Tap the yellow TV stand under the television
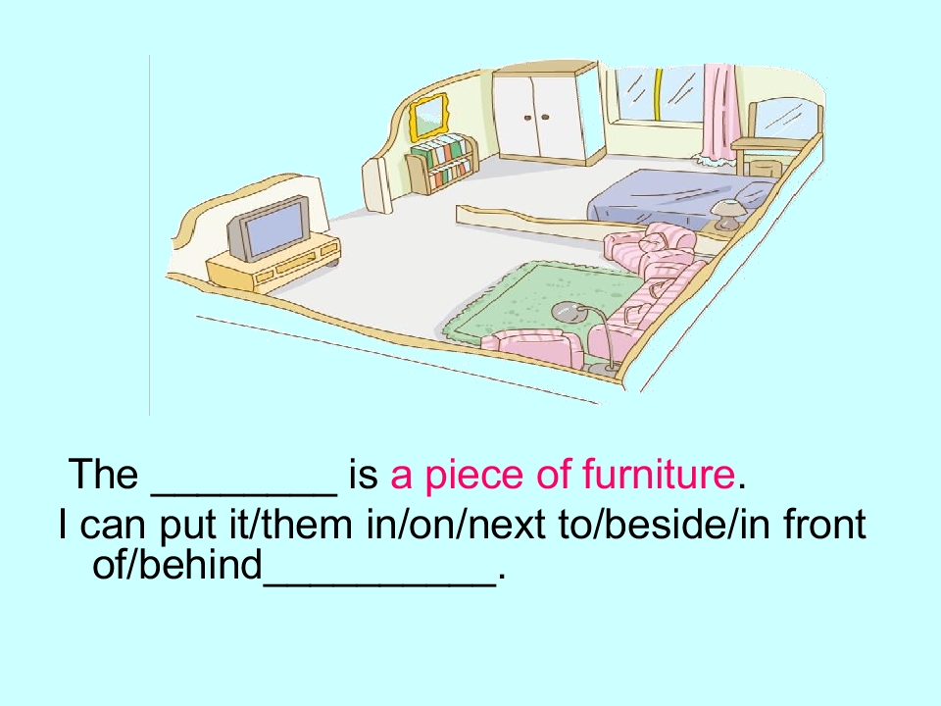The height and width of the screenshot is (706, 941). (x=274, y=263)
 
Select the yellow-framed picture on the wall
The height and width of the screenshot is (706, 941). (x=428, y=116)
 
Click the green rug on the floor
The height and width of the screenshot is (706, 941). (x=539, y=299)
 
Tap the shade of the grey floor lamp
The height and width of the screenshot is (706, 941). (x=566, y=312)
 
